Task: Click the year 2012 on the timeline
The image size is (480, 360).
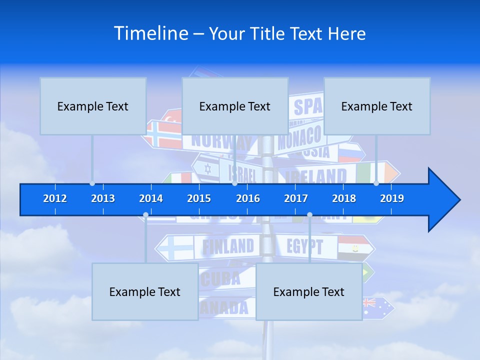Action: click(x=55, y=198)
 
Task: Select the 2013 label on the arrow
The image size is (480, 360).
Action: click(x=103, y=198)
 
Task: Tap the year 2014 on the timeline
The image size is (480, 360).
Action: click(x=151, y=198)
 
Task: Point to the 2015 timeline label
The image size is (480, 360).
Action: click(x=199, y=198)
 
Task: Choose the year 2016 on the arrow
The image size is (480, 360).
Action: click(x=248, y=198)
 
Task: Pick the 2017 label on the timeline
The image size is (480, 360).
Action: click(x=296, y=198)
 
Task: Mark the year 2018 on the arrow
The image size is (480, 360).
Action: click(x=344, y=198)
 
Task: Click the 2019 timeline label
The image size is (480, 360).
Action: click(x=392, y=198)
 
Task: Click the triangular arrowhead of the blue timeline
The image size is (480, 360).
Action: click(x=443, y=200)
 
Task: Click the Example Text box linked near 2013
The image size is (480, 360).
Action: click(x=93, y=106)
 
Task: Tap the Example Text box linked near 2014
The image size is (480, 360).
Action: click(x=145, y=291)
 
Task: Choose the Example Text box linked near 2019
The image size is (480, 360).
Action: click(x=377, y=106)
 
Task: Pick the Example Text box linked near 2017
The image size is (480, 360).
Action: click(x=309, y=291)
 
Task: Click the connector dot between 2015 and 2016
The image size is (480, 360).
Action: click(x=234, y=183)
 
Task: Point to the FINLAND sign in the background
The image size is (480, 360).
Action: click(x=227, y=246)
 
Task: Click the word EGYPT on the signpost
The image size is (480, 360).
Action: click(x=304, y=246)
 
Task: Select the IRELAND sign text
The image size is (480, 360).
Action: click(x=316, y=176)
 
